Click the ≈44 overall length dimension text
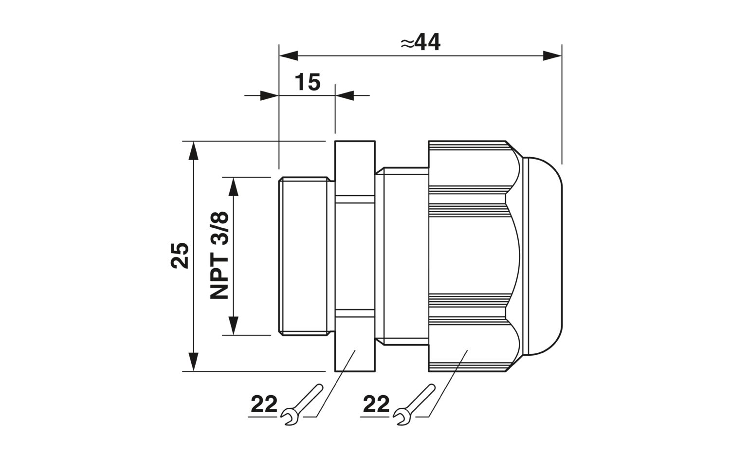420,42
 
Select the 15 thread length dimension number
308,82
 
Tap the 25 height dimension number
180,255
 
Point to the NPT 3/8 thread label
219,255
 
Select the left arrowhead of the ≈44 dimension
289,56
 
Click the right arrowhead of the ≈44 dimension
552,56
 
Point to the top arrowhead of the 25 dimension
194,151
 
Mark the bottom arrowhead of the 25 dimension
194,362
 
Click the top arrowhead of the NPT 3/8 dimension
233,187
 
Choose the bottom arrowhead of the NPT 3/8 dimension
233,326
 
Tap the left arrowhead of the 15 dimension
269,95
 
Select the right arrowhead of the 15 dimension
345,95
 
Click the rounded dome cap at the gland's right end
543,256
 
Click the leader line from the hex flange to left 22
336,383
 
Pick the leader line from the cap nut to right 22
448,383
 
